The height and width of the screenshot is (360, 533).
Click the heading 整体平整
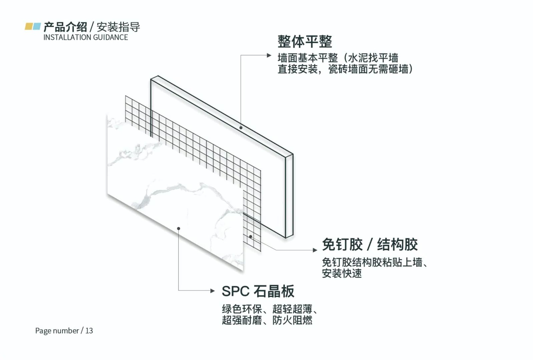click(x=305, y=42)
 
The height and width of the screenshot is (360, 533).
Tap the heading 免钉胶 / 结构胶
click(x=370, y=244)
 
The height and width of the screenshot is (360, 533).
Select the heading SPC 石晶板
click(x=258, y=291)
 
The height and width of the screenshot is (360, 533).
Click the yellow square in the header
click(x=29, y=26)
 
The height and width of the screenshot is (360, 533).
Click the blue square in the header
click(x=37, y=26)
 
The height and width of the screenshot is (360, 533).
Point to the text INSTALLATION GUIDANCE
click(x=85, y=37)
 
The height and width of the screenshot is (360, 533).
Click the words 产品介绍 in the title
click(x=65, y=27)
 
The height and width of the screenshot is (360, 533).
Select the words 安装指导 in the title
click(x=118, y=27)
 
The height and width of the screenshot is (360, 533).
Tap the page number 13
click(x=89, y=331)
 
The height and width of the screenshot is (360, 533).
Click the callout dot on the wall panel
click(x=241, y=128)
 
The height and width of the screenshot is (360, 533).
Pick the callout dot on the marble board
click(x=178, y=228)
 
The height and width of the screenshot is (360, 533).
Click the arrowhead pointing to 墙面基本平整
click(x=269, y=55)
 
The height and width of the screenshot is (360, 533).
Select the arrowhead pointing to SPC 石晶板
click(x=212, y=291)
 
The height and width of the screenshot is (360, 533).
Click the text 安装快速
click(x=342, y=274)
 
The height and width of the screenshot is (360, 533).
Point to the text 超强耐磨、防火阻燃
click(x=267, y=320)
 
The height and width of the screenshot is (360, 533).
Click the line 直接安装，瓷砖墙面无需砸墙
click(x=345, y=69)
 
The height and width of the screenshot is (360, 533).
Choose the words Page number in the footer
click(x=57, y=331)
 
